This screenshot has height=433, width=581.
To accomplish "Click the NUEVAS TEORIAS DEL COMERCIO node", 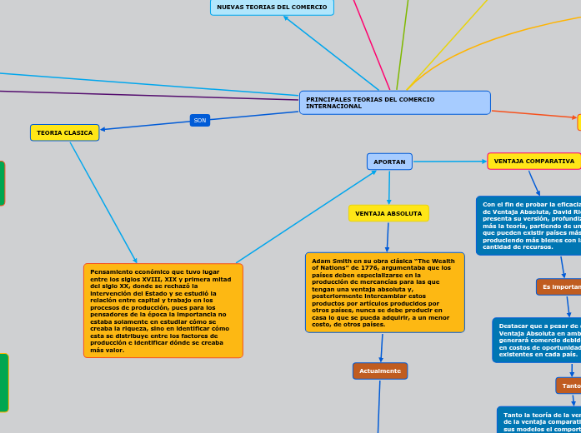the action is tap(272, 7).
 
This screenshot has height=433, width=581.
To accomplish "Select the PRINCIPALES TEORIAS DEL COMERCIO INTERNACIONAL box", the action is tap(394, 102).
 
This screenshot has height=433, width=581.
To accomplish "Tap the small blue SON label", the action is tap(200, 120).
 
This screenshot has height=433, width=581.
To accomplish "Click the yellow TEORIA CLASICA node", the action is tap(65, 132).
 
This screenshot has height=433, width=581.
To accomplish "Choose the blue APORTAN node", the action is tap(389, 162).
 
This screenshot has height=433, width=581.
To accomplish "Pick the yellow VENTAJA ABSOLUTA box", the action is tap(388, 213).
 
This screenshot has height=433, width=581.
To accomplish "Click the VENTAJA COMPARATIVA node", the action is tap(533, 161).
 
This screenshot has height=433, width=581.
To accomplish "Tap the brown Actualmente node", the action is tap(379, 371).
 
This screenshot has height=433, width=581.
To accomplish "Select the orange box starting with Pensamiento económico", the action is tap(163, 311).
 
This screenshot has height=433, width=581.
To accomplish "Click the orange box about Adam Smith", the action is tap(384, 292).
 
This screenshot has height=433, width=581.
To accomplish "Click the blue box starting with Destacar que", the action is tap(538, 340).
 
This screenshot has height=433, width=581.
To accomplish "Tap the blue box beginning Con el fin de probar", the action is tap(529, 225).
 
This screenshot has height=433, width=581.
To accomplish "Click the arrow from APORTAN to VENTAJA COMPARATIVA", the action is tap(450, 161).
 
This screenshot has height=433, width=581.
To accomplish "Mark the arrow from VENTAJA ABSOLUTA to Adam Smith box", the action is tap(387, 236).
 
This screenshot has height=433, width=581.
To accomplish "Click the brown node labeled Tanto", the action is tap(570, 386).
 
